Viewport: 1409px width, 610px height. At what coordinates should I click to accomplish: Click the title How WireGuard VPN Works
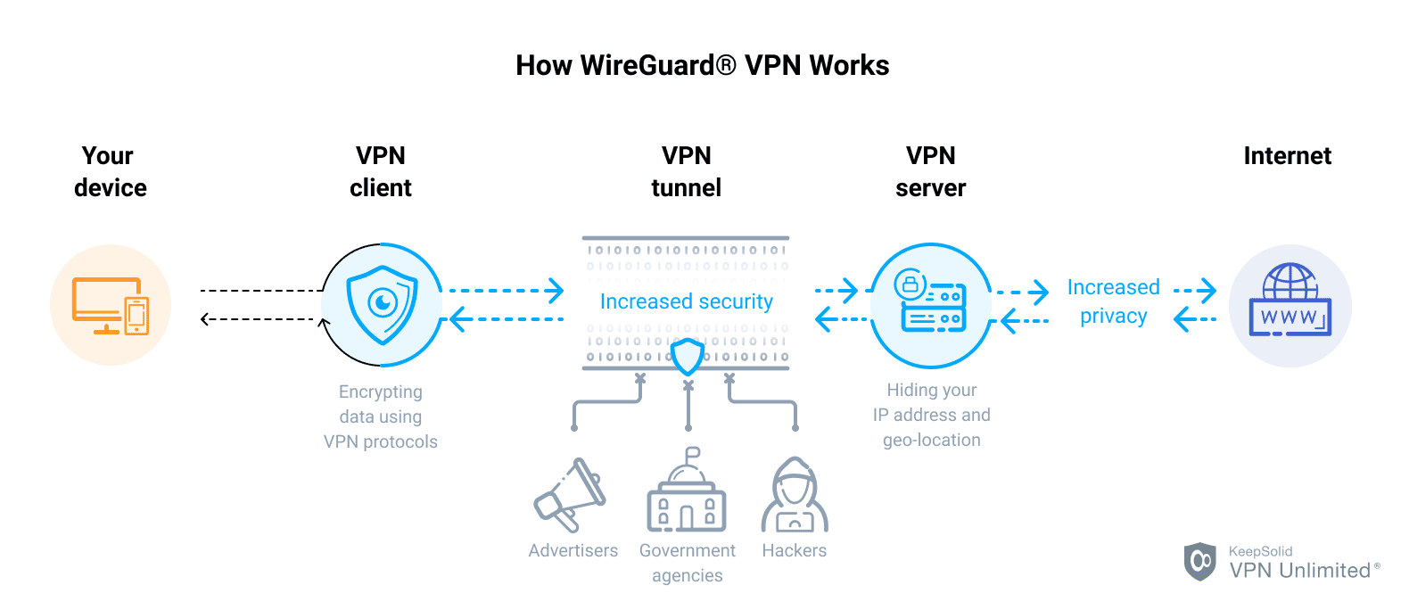702,65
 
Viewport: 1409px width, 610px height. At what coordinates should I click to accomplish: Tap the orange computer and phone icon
111,305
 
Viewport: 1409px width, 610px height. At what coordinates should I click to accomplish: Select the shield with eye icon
383,305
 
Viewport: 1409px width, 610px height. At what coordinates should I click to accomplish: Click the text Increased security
686,301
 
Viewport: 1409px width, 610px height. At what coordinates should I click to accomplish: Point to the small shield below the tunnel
688,357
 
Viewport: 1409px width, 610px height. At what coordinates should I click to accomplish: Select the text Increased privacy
1113,301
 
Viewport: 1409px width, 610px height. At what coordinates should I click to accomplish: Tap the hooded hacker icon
794,496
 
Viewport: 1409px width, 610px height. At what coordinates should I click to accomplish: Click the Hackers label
794,550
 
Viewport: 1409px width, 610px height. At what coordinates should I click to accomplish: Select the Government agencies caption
687,563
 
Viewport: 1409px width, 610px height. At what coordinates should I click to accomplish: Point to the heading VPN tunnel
686,171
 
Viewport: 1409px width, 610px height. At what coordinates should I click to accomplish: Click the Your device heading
110,171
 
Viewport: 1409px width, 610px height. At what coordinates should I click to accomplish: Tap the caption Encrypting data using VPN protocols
381,416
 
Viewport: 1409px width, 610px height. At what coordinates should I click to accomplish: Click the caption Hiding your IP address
931,415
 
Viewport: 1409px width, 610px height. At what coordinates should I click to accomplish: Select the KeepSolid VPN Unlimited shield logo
1199,561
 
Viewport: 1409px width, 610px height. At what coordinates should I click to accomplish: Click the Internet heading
1287,156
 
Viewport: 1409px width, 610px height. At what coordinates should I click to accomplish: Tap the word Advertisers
573,550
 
